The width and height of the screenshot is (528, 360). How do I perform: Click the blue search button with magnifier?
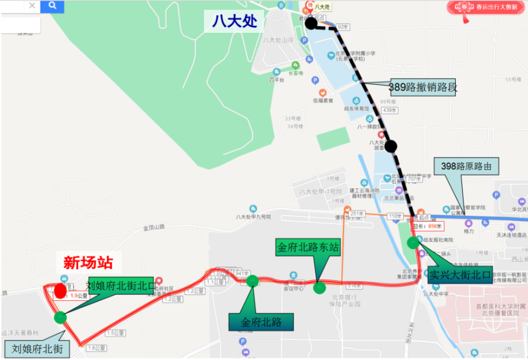pyautogui.click(x=52, y=6)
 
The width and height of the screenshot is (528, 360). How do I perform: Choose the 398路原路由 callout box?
pyautogui.click(x=466, y=167)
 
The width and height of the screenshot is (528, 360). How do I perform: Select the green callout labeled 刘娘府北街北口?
pyautogui.click(x=121, y=286)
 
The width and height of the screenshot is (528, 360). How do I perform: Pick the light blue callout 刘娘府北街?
pyautogui.click(x=37, y=348)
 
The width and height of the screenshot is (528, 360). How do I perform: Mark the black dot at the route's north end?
pyautogui.click(x=311, y=23)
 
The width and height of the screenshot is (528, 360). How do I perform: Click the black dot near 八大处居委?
pyautogui.click(x=391, y=146)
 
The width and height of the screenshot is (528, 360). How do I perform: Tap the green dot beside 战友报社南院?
pyautogui.click(x=413, y=243)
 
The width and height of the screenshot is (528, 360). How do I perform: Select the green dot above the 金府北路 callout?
pyautogui.click(x=252, y=280)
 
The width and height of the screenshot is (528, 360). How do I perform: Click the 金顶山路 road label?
pyautogui.click(x=154, y=228)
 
